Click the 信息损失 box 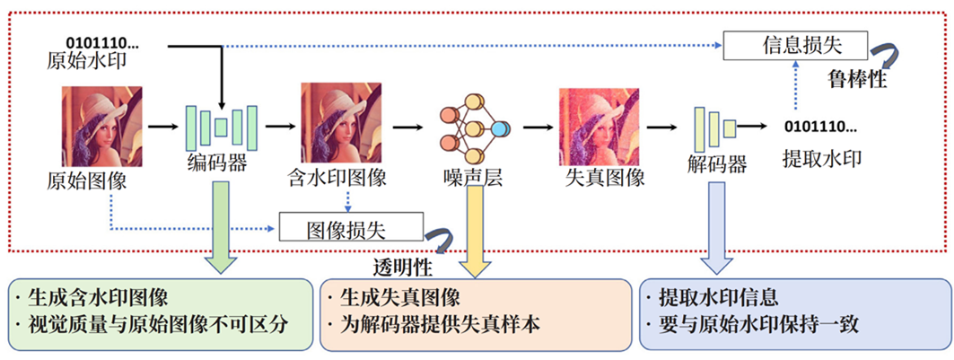coord(795,45)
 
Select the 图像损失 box coord(350,227)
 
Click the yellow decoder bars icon coord(714,127)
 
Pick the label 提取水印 coord(821,160)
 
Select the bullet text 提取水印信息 coord(716,297)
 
